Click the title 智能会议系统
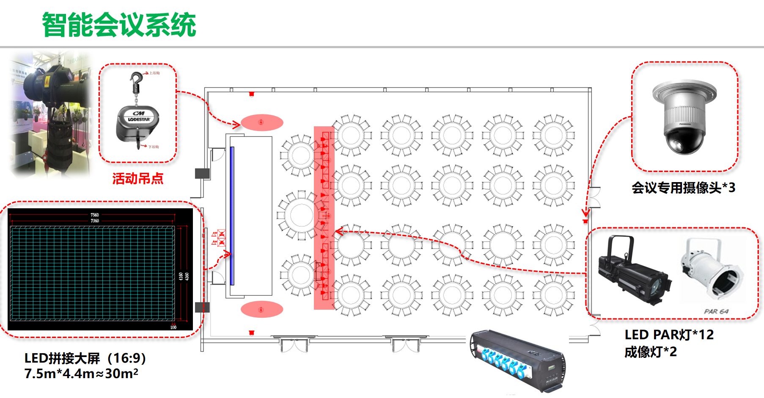[119, 25]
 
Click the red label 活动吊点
[138, 179]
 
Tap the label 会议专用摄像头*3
[683, 187]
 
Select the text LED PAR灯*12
[669, 335]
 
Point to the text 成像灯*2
[650, 352]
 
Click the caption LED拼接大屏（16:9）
[85, 358]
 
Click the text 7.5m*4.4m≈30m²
[81, 373]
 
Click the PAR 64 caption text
[716, 311]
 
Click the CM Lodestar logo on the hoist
[139, 117]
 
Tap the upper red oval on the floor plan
[261, 123]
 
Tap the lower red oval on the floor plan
[261, 309]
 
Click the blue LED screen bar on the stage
[232, 215]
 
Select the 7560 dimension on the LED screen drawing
[94, 215]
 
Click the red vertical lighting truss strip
[324, 218]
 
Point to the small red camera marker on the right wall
[585, 221]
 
